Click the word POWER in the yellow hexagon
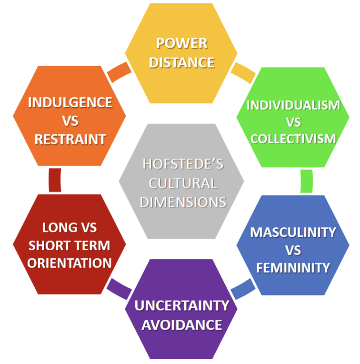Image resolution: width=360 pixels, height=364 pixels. (181, 43)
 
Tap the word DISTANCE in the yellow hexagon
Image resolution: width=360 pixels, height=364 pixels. (181, 62)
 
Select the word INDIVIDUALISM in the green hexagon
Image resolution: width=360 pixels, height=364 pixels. (293, 105)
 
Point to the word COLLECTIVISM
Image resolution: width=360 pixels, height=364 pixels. (293, 139)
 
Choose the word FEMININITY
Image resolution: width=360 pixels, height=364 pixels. (293, 267)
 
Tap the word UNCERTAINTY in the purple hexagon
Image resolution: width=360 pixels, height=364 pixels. (181, 305)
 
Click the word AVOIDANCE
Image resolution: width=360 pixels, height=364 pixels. (181, 325)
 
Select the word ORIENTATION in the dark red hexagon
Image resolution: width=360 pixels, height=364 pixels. (70, 263)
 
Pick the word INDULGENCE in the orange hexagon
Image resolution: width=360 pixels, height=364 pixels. (70, 102)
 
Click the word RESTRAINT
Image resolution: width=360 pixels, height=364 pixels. (70, 139)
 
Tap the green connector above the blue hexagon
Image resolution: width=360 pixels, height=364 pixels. (307, 182)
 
